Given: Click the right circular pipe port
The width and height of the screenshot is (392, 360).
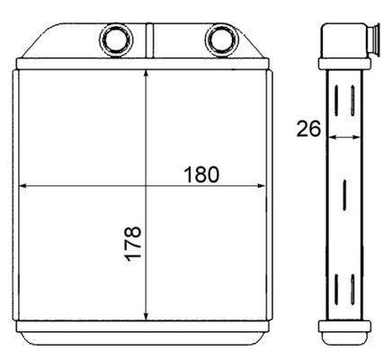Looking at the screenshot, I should (218, 40).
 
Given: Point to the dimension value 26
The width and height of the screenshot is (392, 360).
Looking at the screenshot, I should (308, 130).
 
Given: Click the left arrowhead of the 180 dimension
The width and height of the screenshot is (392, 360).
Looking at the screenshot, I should (23, 186).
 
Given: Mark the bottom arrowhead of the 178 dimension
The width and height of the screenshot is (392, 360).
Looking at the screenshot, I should (147, 318).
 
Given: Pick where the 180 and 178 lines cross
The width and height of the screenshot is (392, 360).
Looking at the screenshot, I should (147, 186).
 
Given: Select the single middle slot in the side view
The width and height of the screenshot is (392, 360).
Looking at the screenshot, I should (345, 194).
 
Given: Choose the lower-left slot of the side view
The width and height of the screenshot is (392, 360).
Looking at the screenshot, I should (337, 291).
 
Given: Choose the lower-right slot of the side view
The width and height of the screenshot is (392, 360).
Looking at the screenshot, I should (352, 291).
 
